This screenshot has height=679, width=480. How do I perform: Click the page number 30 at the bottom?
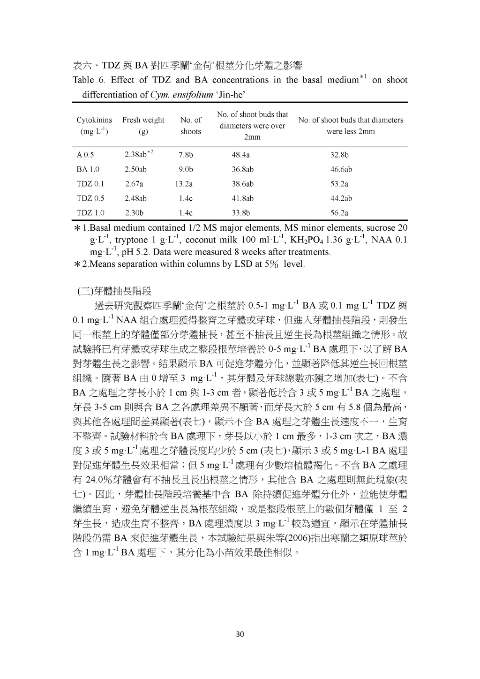[240, 634]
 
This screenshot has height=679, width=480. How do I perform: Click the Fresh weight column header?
[143, 126]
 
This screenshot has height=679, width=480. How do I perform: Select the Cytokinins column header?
[94, 126]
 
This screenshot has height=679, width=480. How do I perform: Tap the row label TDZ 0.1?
[90, 184]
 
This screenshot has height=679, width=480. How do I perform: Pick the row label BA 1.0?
[88, 169]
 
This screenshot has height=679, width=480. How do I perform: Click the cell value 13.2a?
[184, 184]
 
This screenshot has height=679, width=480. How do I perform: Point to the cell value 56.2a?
[339, 213]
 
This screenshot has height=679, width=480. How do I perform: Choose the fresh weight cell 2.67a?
[134, 184]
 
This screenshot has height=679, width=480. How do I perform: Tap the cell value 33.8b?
[240, 213]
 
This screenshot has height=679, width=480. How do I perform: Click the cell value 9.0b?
[186, 169]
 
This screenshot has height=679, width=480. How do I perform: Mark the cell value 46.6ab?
[341, 169]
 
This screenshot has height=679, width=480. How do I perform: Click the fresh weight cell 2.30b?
[134, 213]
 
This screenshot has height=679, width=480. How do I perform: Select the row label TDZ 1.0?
[90, 213]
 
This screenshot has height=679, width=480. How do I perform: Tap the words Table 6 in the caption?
[85, 80]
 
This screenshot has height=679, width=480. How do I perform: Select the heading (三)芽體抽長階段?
[114, 291]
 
